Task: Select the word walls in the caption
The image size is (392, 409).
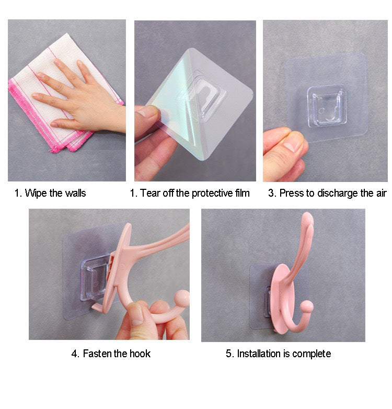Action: click(x=75, y=193)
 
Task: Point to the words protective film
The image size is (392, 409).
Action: click(x=221, y=193)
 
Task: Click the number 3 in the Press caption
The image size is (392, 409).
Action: click(x=271, y=193)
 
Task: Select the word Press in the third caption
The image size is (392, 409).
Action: click(x=291, y=193)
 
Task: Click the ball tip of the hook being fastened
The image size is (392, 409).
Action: click(x=182, y=297)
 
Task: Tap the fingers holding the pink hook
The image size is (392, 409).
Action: click(x=139, y=319)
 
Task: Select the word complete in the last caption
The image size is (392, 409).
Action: click(x=312, y=354)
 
